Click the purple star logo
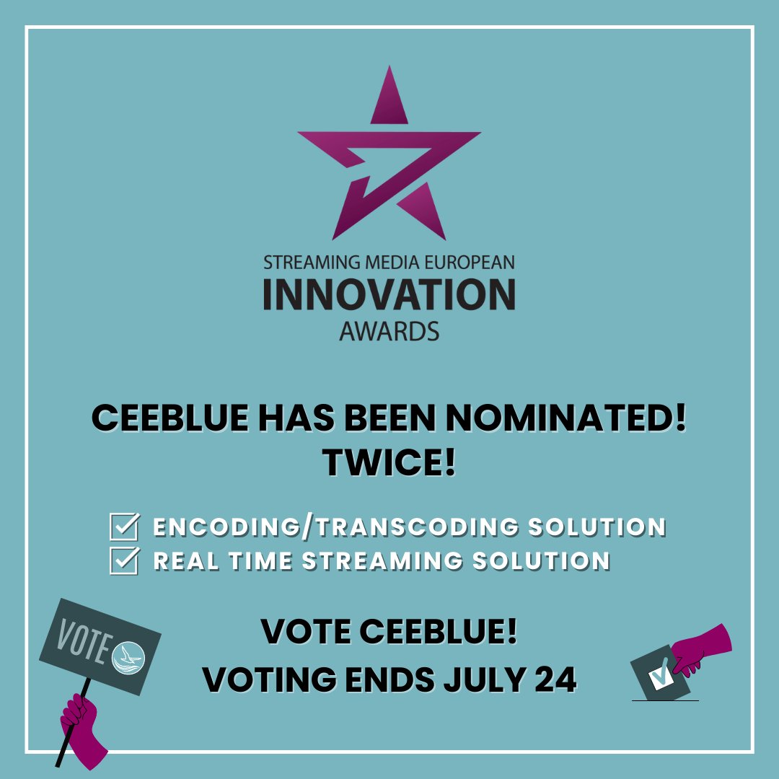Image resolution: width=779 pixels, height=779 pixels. coord(389,155)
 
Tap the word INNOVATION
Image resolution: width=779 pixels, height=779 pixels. coord(389,294)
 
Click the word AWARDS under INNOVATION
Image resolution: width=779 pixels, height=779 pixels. coord(389,331)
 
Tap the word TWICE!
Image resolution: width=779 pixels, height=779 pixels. coord(389,462)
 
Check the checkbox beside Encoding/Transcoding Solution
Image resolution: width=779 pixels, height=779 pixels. coord(123,527)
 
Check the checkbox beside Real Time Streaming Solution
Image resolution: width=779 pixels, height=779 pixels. coord(123,561)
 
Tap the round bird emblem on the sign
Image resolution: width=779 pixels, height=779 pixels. coord(129,654)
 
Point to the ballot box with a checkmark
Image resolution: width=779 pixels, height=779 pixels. coord(656,674)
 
